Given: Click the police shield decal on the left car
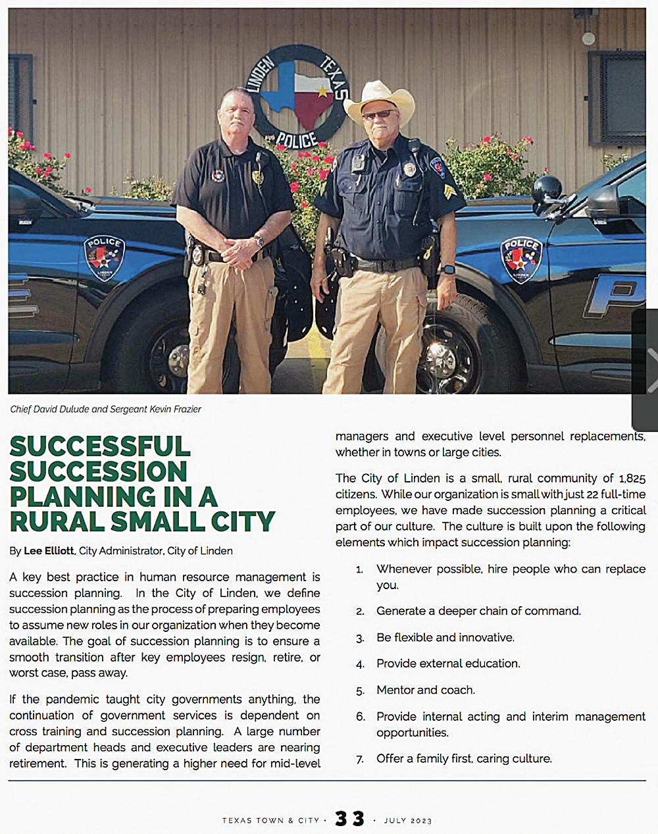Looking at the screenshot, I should click(104, 257).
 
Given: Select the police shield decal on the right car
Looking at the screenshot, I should click(522, 259).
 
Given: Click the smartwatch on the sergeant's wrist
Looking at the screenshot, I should click(448, 269).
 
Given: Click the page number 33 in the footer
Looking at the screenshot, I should click(349, 818).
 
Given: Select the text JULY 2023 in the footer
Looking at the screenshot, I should click(408, 820).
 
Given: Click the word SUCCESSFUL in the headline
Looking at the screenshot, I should click(100, 446).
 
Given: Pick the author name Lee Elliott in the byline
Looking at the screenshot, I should click(49, 550).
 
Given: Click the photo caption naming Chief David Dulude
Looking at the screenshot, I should click(105, 409).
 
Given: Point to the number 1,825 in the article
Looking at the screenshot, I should click(632, 479).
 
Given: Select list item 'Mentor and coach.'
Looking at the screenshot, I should click(426, 690).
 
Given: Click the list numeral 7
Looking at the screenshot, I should click(360, 760).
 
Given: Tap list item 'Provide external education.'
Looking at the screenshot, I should click(448, 664).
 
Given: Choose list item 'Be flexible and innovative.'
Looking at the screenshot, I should click(445, 637).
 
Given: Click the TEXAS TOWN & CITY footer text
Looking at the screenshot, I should click(270, 820).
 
